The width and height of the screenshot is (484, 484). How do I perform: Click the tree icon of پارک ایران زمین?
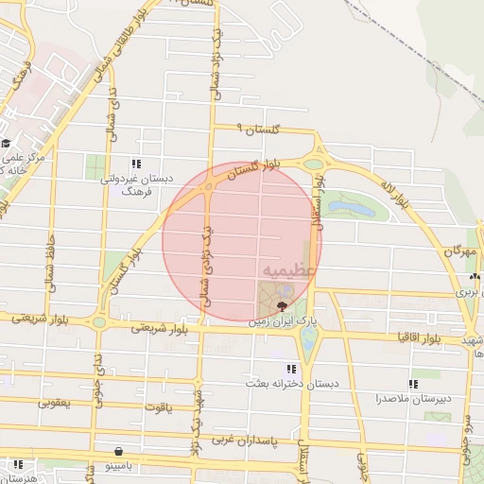pos(282,305)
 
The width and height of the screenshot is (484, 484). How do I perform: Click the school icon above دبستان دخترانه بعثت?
pos(290,369)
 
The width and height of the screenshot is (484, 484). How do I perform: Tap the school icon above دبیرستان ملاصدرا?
pos(413,384)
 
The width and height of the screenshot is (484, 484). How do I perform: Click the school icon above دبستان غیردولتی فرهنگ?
pos(138,164)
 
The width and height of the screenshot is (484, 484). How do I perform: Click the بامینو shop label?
pos(121,465)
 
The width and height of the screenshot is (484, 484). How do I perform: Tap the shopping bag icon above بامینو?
pos(118,451)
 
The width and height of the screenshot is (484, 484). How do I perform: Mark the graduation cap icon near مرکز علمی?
pos(6,144)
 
